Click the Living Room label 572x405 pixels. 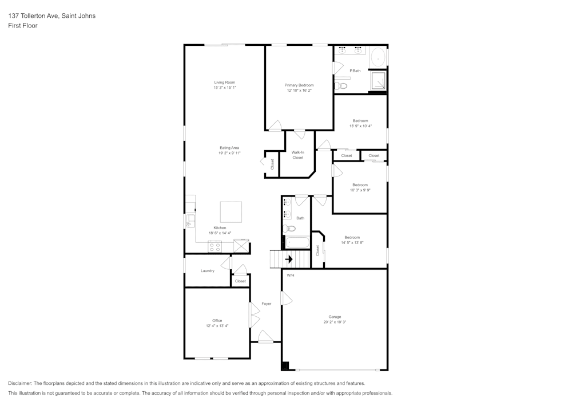[225, 82]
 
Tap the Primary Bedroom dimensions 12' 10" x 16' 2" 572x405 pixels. [299, 90]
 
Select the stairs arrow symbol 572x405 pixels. [289, 259]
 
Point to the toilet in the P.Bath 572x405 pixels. [341, 86]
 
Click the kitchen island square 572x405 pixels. [231, 212]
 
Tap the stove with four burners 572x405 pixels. [214, 247]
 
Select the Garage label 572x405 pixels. [335, 317]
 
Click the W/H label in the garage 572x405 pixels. [291, 276]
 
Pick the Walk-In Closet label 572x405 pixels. [297, 155]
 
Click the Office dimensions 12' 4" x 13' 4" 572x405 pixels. [217, 326]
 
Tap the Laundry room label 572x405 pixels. [208, 271]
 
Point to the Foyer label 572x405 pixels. [267, 304]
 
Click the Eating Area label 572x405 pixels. [229, 148]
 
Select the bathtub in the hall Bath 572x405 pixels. [297, 243]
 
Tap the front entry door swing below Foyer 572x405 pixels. [265, 336]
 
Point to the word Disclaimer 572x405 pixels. [20, 383]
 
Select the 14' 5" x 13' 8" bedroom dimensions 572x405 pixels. [352, 242]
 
